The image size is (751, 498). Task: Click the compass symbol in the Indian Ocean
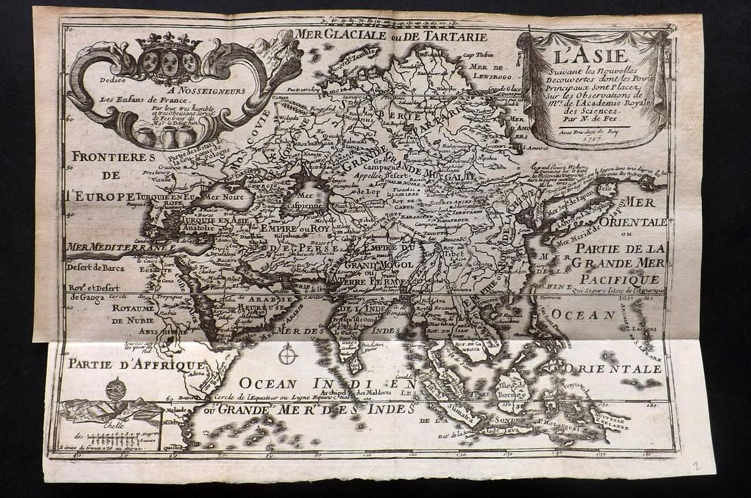(x=287, y=353)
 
